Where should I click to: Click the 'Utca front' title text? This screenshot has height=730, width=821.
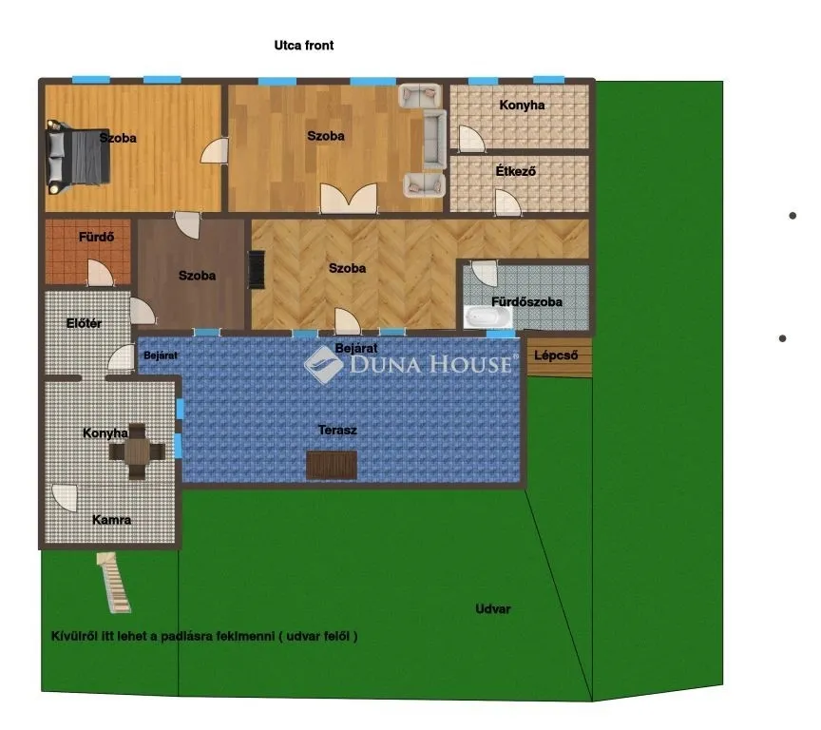(303, 45)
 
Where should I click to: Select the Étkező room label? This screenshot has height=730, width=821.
(516, 171)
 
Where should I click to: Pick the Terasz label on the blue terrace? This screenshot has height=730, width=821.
(336, 430)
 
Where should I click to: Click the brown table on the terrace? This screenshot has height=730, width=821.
(332, 464)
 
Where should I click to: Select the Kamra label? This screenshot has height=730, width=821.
(112, 520)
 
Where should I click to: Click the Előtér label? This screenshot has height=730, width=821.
(85, 324)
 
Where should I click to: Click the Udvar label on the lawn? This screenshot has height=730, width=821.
(493, 609)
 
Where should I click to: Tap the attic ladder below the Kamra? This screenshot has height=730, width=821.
(113, 582)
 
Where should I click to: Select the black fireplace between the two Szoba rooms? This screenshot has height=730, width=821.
(256, 268)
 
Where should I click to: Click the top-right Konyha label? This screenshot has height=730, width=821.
(522, 105)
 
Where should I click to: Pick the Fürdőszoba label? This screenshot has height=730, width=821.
(526, 302)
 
